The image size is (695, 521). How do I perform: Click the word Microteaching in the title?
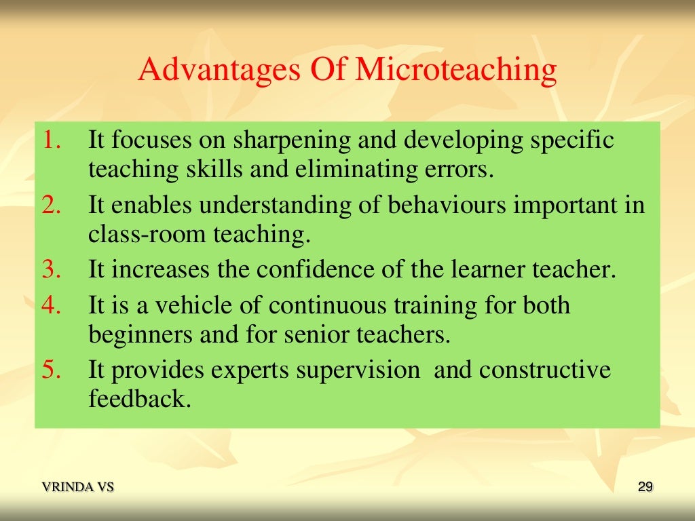click(456, 71)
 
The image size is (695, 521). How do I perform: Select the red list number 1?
click(52, 140)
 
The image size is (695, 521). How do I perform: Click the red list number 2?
click(52, 205)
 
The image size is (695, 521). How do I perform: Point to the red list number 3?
click(52, 269)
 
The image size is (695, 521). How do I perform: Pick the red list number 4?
click(52, 305)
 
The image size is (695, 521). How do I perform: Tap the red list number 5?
click(52, 370)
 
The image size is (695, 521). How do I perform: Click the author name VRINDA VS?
click(78, 486)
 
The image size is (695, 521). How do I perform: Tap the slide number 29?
click(645, 486)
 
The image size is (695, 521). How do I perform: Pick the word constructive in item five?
click(545, 370)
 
